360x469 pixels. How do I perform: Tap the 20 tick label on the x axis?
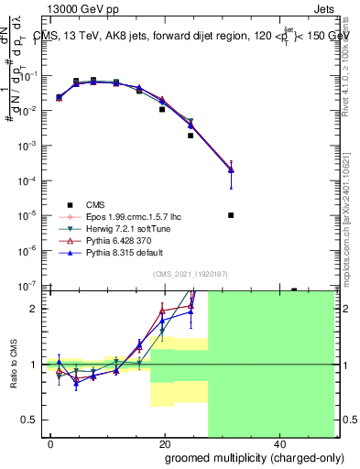[x=164, y=442]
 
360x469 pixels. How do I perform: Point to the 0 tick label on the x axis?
[x=50, y=442]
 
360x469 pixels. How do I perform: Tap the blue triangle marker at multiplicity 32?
[x=231, y=169]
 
